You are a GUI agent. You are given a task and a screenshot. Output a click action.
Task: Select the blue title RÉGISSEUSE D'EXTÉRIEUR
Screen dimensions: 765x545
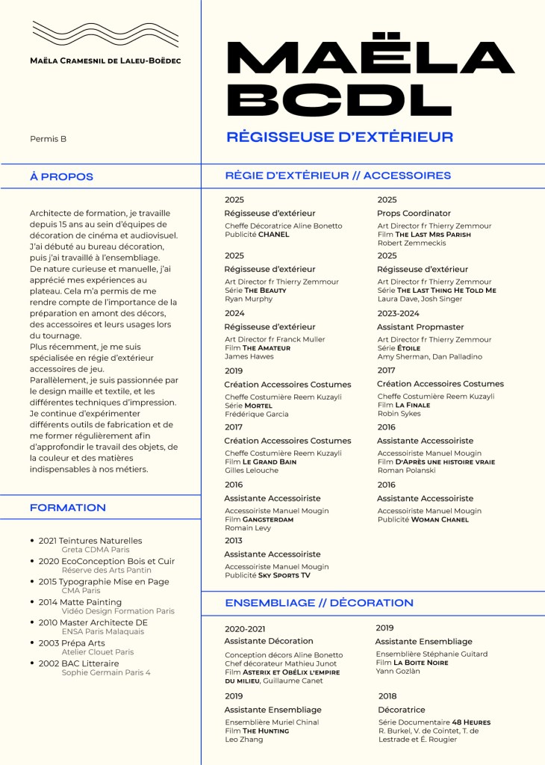(x=340, y=137)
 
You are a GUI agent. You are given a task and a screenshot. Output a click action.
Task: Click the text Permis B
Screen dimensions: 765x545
(x=48, y=139)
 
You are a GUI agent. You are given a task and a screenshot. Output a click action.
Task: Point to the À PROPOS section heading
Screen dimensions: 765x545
(x=61, y=177)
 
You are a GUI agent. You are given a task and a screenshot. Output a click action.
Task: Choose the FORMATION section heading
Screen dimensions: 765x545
(x=68, y=508)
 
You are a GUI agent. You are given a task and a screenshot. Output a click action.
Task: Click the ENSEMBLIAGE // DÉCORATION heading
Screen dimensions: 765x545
(x=319, y=603)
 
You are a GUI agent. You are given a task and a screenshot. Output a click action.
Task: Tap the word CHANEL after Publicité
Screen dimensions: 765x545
(x=273, y=235)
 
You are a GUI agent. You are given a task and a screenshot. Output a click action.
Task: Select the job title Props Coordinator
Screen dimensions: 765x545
(x=414, y=213)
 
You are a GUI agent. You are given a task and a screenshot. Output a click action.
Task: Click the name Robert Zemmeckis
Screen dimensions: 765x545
(x=412, y=243)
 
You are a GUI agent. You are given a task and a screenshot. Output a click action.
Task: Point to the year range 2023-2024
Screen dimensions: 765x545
(x=399, y=313)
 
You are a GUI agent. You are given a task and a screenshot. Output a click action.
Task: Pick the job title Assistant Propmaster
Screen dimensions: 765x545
(x=420, y=326)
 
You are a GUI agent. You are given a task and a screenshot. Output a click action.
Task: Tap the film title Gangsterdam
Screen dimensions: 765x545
(x=267, y=519)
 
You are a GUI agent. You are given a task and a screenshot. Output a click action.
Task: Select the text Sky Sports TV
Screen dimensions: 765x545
(x=284, y=576)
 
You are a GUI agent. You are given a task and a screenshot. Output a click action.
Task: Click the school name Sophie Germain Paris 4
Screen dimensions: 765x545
(x=106, y=672)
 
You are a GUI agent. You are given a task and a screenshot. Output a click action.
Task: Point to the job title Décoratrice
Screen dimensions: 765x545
(x=402, y=710)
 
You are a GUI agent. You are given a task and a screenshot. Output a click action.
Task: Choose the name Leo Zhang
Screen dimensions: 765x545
(x=245, y=740)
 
